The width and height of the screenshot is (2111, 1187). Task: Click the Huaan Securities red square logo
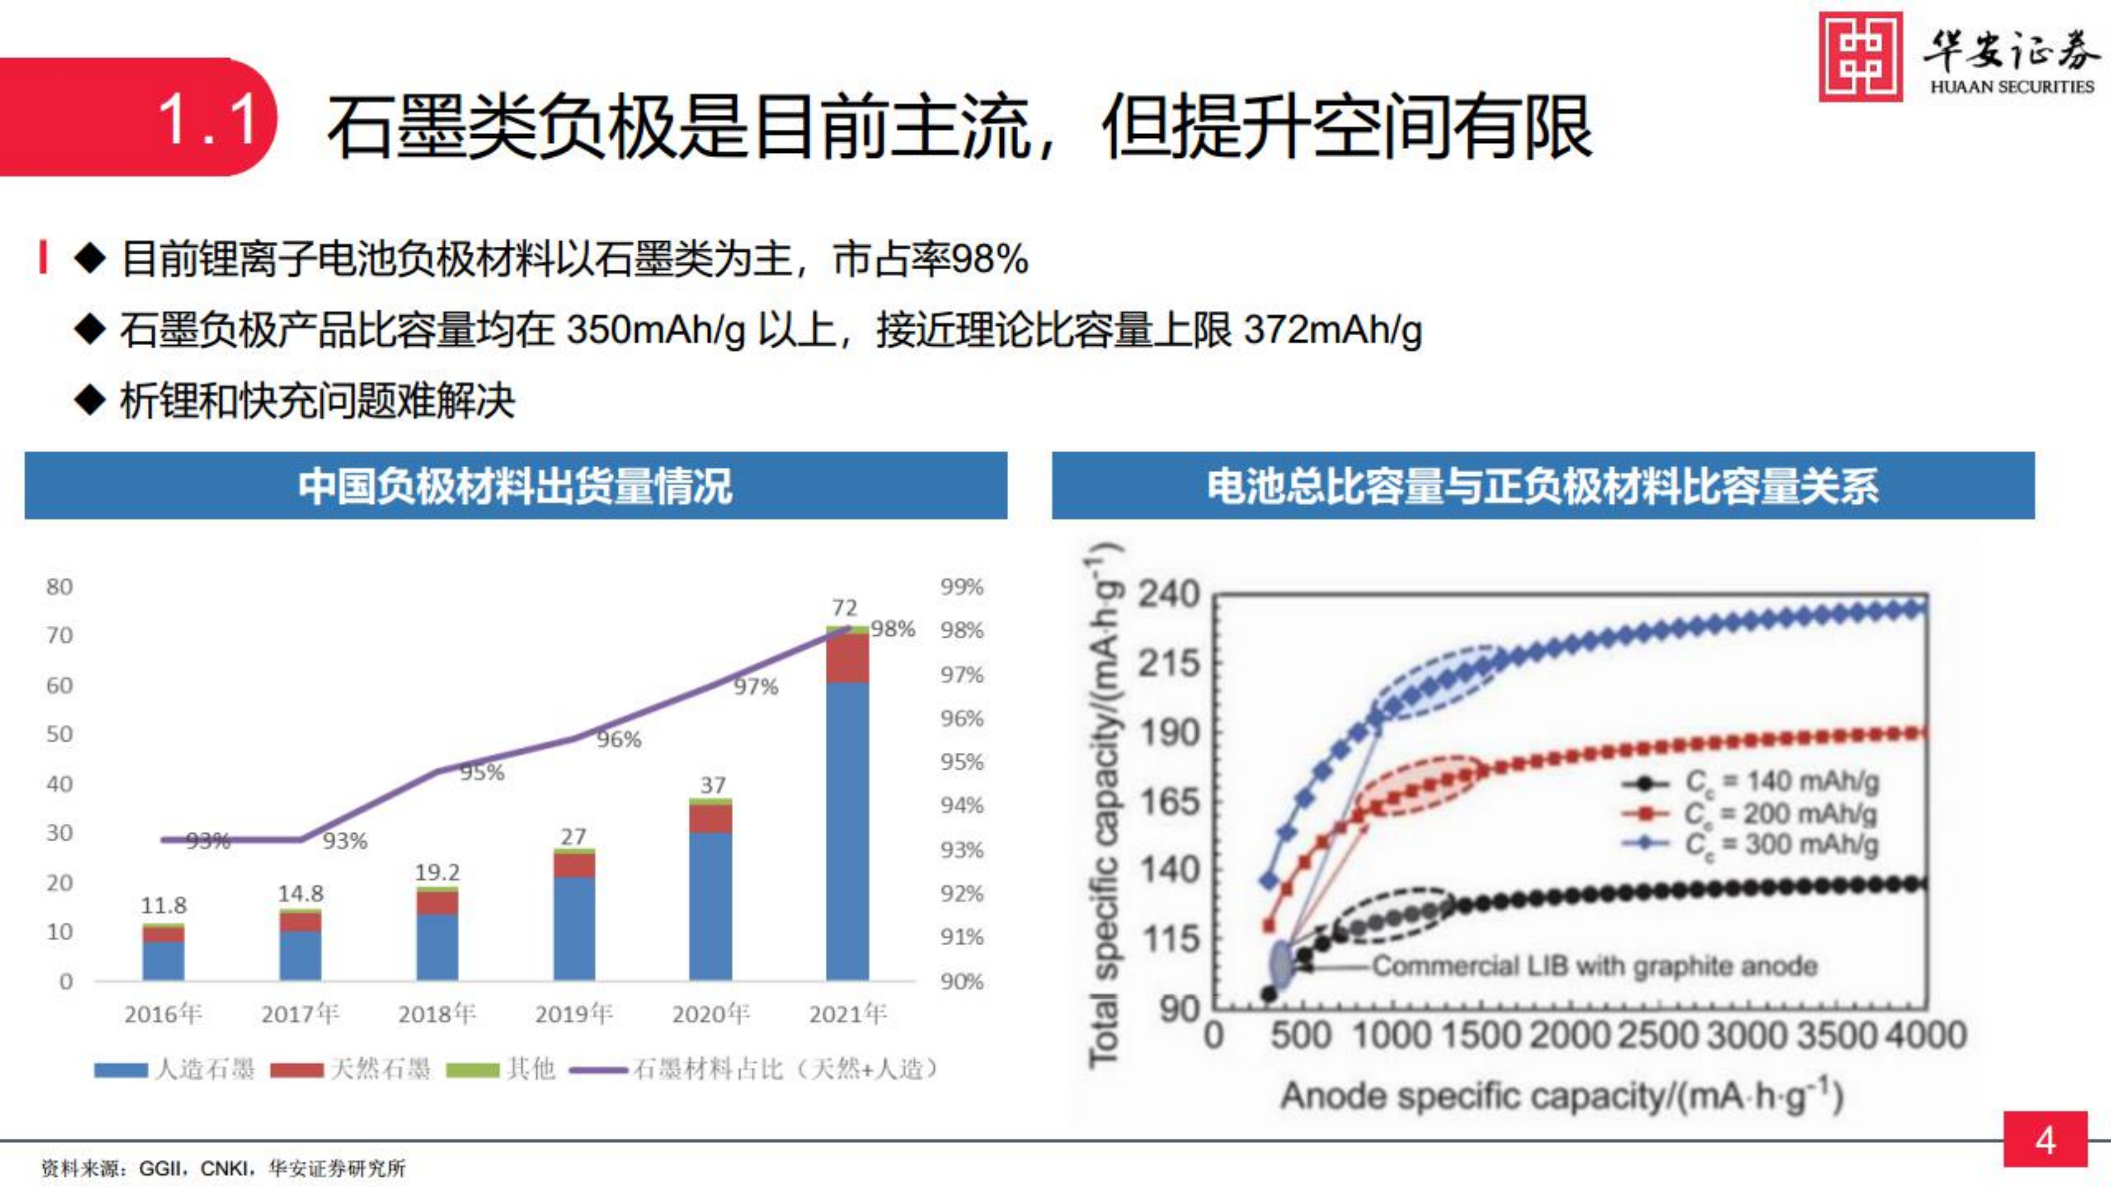(x=1861, y=56)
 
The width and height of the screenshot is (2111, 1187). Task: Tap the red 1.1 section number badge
(x=208, y=119)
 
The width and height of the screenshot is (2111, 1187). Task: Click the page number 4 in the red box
(x=2045, y=1140)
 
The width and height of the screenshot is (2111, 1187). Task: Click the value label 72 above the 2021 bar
(x=844, y=607)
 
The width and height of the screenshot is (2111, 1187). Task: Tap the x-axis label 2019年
(x=573, y=1014)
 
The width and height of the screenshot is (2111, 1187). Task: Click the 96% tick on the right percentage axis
(x=961, y=718)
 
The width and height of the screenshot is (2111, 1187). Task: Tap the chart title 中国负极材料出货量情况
(x=515, y=486)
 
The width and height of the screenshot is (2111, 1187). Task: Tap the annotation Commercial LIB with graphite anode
(x=1594, y=966)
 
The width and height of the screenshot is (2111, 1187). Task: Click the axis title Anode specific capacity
(x=1561, y=1096)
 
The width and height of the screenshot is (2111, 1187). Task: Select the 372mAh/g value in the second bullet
(x=1332, y=330)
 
